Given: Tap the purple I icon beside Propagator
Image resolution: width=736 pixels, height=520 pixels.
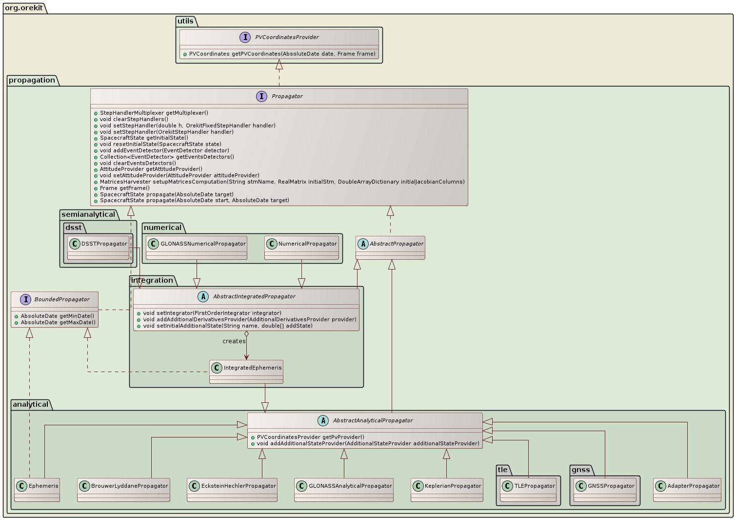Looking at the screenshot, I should click(261, 96).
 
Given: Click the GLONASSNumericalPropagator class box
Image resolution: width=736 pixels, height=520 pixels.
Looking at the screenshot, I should click(197, 248).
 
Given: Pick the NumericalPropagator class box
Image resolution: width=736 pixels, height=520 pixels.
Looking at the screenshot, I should click(301, 248).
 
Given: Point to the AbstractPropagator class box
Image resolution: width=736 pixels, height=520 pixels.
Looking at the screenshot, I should click(391, 248).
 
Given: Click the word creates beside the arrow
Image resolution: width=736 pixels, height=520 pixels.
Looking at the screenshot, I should click(234, 341).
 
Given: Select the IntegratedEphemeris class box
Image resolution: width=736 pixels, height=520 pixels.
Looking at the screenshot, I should click(246, 372).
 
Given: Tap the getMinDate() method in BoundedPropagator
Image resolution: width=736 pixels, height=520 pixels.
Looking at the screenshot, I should click(58, 316).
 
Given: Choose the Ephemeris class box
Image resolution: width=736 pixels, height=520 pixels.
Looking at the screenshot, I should click(37, 490).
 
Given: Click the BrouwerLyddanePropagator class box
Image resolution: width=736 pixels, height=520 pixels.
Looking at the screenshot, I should click(123, 490).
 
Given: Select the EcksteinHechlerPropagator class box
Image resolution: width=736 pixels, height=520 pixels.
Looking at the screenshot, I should click(232, 490).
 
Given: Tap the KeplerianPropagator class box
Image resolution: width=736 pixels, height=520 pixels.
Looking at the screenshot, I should click(447, 490).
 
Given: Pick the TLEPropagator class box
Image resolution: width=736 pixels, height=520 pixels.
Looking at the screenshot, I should click(528, 490).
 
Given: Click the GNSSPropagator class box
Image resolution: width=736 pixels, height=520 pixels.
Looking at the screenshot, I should click(605, 490).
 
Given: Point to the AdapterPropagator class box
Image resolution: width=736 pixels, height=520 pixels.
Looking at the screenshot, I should click(687, 490).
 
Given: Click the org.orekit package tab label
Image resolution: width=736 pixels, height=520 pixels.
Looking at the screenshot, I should click(24, 8).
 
